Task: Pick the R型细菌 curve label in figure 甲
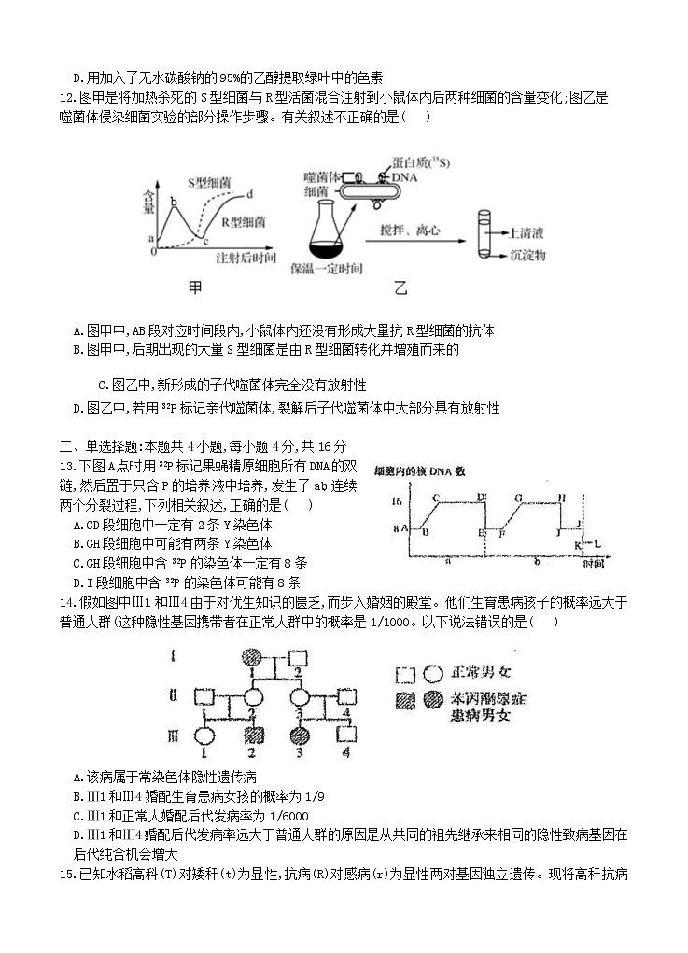click(244, 222)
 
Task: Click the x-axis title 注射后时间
click(244, 257)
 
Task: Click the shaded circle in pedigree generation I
click(250, 656)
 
